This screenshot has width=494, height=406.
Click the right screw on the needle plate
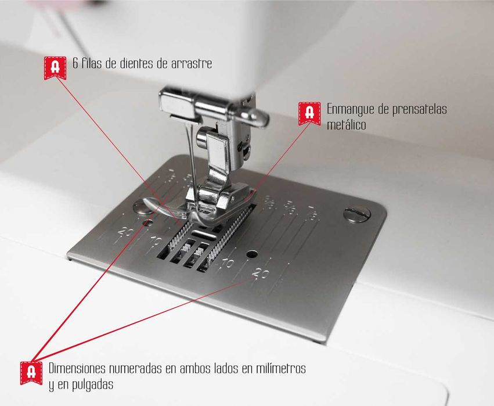coord(356,214)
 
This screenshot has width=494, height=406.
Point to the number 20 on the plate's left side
coord(124,232)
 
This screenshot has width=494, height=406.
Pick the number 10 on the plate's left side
coord(156,240)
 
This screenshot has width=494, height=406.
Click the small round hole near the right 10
coord(251,254)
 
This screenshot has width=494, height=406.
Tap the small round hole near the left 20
coord(149,222)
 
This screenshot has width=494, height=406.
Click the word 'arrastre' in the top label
coord(192,64)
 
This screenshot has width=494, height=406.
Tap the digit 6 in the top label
coord(75,64)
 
